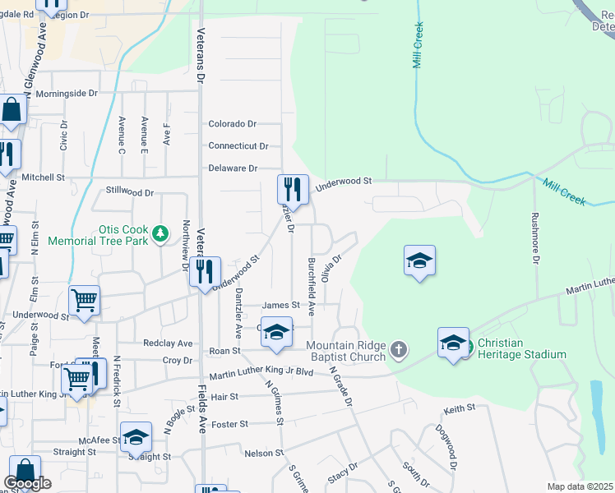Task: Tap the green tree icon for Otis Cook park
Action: point(161,233)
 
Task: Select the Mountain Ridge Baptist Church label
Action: point(345,351)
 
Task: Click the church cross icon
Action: point(398,351)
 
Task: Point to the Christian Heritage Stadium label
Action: point(521,348)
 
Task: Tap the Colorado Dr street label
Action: point(233,124)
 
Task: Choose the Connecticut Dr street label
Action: point(238,146)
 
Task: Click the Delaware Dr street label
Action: point(233,168)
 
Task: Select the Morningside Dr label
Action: point(66,94)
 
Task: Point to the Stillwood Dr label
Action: point(130,191)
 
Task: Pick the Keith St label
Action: point(460,408)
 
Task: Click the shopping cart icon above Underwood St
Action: point(84,301)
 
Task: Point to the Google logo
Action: point(27,484)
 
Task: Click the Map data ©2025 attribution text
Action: point(580,486)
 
